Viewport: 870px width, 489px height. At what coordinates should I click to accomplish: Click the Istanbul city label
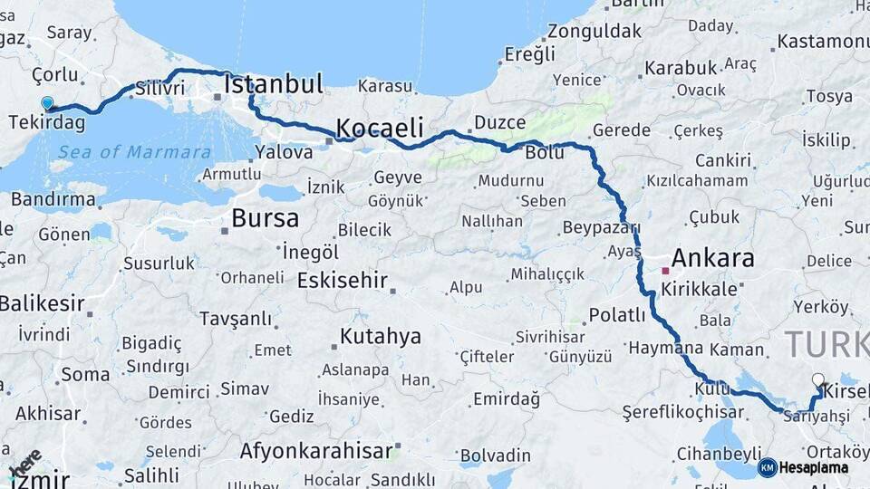click(x=274, y=85)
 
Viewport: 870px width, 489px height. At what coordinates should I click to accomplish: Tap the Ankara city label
click(x=713, y=259)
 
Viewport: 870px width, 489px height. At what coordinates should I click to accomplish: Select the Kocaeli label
click(x=381, y=127)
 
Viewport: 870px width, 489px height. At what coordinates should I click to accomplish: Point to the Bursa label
click(x=265, y=218)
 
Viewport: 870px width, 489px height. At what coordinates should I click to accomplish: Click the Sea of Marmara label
click(x=134, y=152)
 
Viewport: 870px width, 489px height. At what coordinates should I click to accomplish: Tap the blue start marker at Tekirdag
click(x=47, y=104)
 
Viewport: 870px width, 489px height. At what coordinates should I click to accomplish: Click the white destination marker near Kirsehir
click(x=818, y=380)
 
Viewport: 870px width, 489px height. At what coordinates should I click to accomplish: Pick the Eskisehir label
click(x=343, y=280)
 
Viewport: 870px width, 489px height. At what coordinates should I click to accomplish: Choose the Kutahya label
click(x=381, y=337)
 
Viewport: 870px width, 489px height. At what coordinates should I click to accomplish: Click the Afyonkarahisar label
click(x=315, y=450)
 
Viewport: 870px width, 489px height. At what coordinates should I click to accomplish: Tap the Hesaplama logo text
click(x=814, y=467)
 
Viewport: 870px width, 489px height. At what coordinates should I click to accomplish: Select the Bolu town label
click(x=545, y=153)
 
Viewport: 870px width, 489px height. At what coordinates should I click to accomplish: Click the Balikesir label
click(x=42, y=304)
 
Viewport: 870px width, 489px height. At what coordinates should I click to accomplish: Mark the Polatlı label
click(x=617, y=315)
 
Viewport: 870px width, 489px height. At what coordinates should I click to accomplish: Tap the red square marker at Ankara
click(x=665, y=271)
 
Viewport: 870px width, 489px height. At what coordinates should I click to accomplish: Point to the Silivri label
click(x=160, y=89)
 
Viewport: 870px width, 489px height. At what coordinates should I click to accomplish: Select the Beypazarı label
click(x=601, y=227)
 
